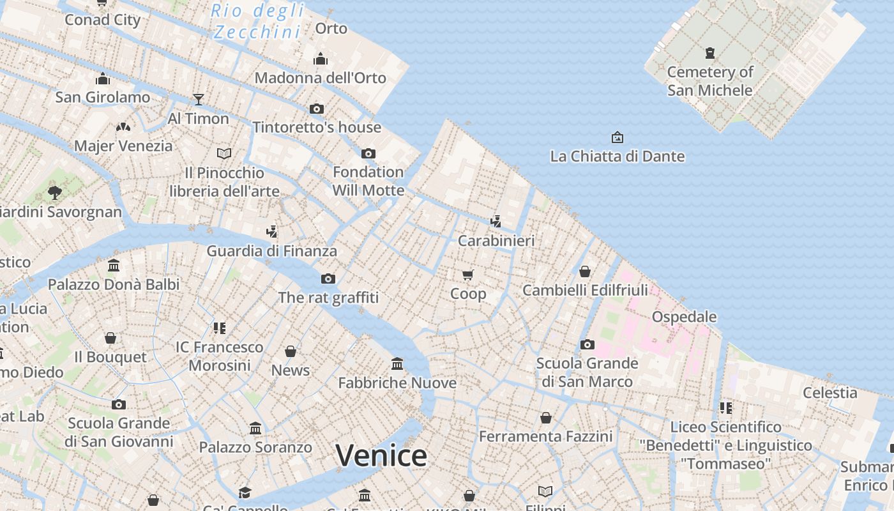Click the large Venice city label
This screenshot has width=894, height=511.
(381, 455)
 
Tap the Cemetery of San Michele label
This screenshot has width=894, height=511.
(710, 81)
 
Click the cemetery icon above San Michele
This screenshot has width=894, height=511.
(709, 53)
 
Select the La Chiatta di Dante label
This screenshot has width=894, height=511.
(617, 156)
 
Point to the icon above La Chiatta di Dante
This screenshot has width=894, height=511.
(617, 137)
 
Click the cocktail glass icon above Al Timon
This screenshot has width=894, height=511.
(199, 100)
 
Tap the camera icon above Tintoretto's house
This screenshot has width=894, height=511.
(316, 109)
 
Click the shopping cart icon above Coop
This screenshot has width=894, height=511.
(468, 275)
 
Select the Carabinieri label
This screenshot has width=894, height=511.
(496, 241)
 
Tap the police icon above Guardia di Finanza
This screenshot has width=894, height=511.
(272, 231)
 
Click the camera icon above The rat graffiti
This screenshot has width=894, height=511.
(328, 278)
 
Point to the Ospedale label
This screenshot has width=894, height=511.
(684, 317)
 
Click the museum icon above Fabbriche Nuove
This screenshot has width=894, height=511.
(397, 364)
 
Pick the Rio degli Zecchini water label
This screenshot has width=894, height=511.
(257, 21)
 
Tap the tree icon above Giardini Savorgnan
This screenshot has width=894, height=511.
(55, 192)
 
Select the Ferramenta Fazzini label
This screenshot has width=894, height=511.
(545, 437)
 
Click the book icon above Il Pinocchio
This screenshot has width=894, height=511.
(224, 153)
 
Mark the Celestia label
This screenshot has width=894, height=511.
(830, 393)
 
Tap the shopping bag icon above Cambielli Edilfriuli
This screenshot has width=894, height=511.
(584, 271)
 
